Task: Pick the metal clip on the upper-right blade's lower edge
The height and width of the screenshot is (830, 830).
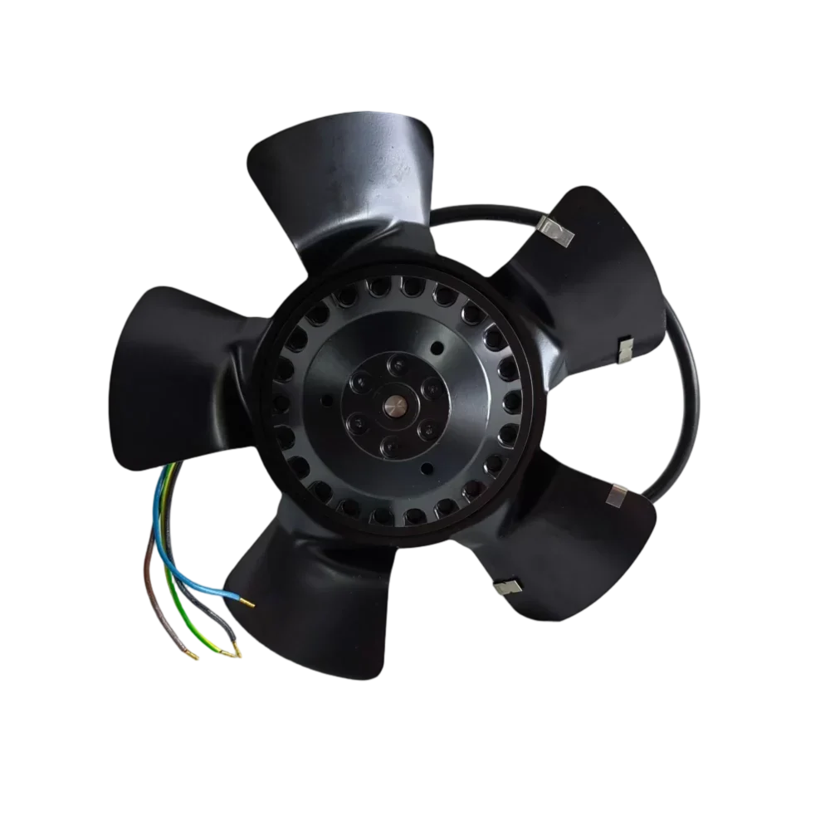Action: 624,352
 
